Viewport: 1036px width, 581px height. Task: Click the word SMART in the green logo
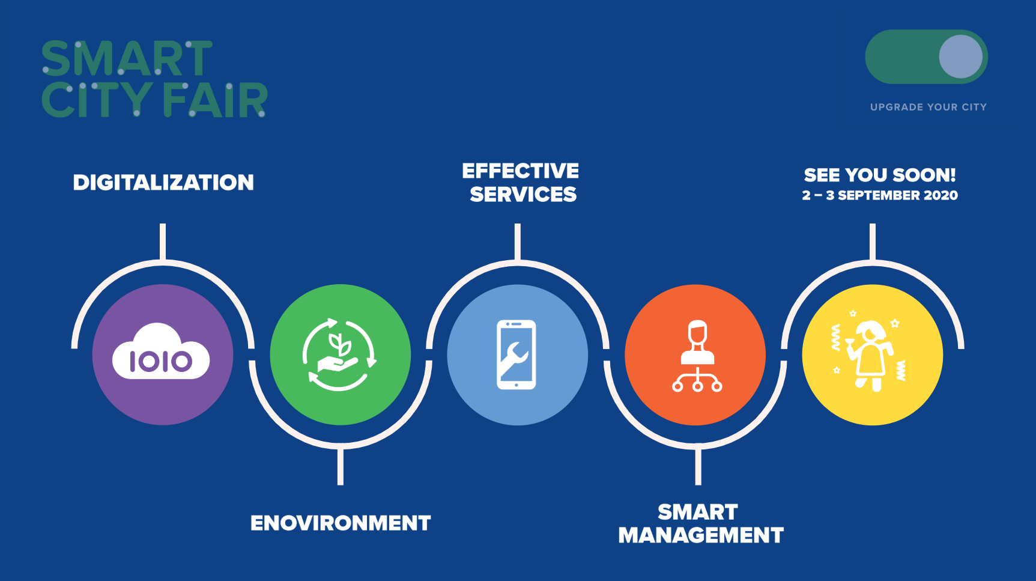127,58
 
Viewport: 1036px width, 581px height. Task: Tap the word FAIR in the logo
215,100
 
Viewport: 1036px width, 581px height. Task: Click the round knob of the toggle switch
960,56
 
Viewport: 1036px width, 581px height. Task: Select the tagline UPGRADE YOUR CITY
928,107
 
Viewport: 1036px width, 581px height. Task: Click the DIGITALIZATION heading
163,183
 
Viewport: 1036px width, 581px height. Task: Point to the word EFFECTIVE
521,171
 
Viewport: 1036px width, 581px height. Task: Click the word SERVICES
523,195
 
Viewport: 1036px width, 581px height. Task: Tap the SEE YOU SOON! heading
880,175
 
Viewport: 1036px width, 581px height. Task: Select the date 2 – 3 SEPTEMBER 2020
880,195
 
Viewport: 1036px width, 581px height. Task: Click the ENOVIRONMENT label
341,523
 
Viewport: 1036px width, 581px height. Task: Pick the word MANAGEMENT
701,535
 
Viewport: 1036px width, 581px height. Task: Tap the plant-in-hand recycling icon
339,354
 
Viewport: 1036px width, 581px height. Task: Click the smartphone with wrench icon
516,354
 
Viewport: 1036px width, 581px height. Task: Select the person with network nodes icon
697,356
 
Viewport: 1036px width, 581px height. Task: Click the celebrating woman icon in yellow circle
869,354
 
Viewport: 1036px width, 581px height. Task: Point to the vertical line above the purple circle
163,242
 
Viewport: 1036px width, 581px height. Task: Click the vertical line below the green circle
341,467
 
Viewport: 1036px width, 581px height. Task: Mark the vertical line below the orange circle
698,467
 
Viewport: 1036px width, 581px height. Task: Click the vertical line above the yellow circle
873,242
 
